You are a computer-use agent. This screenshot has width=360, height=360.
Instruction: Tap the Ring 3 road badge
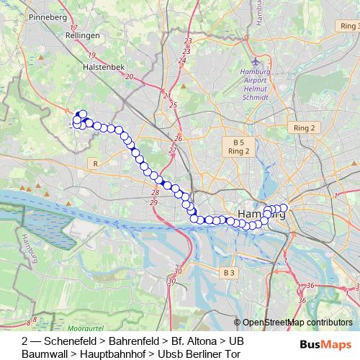(348, 25)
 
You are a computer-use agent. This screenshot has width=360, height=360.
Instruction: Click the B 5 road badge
(238, 142)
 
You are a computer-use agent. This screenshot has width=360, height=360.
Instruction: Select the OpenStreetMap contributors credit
(297, 323)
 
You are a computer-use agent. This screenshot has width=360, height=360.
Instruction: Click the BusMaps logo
(331, 345)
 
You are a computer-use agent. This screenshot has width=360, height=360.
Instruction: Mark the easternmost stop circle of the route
(284, 207)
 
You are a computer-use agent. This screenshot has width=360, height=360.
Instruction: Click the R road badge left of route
(95, 164)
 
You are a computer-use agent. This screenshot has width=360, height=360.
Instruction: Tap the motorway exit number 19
(92, 55)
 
